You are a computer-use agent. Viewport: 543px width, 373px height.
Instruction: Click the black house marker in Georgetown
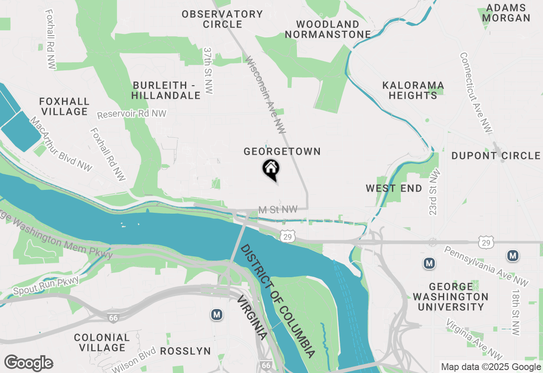[271, 169]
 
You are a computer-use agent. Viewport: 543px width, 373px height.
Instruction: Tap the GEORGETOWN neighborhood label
[282, 151]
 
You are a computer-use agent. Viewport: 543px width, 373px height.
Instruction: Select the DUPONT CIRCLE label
[496, 156]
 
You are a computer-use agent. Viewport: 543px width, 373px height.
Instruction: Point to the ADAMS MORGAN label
[506, 13]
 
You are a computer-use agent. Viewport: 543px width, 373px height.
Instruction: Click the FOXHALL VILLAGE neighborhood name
[64, 106]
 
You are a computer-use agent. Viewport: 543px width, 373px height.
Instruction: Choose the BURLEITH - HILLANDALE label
[165, 90]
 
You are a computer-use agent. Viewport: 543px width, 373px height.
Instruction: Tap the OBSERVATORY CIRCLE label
[222, 19]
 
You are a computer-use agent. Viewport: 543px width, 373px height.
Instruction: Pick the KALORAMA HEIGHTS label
[413, 90]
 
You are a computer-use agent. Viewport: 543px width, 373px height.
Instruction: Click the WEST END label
[394, 188]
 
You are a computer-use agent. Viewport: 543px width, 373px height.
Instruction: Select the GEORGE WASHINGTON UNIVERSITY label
[451, 297]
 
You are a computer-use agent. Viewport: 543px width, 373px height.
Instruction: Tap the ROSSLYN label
[185, 351]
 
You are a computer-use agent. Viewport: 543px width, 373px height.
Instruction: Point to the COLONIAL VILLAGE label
[102, 342]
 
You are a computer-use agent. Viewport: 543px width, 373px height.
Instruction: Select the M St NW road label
[278, 209]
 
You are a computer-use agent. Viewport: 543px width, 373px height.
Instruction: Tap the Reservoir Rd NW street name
[132, 114]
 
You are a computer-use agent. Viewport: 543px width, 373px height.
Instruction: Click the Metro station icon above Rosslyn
[217, 315]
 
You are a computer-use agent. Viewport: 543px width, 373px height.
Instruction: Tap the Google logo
[28, 363]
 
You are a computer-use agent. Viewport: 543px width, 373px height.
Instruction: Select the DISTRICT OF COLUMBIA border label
[278, 301]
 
